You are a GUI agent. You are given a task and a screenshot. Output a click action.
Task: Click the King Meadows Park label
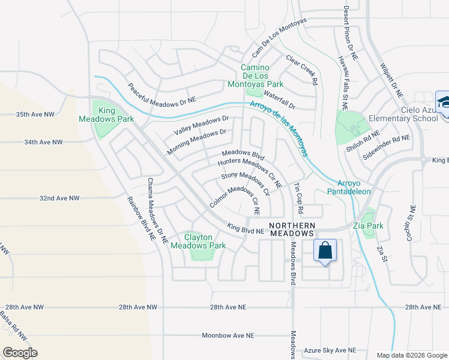point(107,115)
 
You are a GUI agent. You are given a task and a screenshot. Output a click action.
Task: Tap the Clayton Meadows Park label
point(197,241)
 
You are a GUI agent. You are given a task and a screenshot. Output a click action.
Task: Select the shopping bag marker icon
point(325,251)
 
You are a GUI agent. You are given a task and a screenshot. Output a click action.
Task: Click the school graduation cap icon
point(443,103)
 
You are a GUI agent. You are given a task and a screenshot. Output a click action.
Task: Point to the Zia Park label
point(368,226)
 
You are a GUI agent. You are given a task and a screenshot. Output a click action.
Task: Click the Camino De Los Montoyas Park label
point(263,76)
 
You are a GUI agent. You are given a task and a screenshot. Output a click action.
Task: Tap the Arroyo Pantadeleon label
point(354,187)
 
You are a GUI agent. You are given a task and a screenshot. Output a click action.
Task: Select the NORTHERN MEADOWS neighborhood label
point(292,229)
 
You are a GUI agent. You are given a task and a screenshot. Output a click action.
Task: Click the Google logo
point(20,353)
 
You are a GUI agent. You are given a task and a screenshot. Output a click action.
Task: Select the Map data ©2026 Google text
point(411,355)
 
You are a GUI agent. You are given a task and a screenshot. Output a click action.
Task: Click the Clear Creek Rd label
point(301,71)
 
